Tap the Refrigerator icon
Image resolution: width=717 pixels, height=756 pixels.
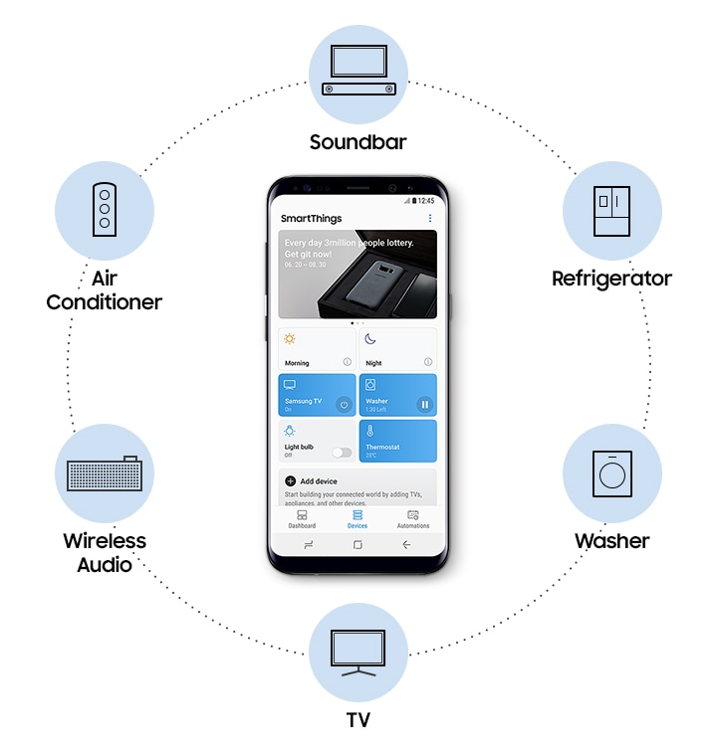611,211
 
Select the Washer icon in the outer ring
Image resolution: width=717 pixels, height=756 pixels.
611,473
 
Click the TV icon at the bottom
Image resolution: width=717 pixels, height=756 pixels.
358,652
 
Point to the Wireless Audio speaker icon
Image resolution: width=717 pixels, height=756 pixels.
104,473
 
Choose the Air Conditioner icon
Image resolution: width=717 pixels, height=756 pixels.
104,211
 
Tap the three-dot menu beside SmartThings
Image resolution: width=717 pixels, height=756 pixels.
430,218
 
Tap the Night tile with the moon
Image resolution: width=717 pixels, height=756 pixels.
397,349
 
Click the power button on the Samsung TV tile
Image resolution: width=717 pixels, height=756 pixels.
344,404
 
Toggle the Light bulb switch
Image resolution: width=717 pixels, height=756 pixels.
343,452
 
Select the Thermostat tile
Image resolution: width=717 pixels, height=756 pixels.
397,441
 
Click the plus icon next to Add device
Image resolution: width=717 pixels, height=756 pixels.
291,480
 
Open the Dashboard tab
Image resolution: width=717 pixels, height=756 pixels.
302,519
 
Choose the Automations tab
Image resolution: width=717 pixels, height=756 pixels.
413,519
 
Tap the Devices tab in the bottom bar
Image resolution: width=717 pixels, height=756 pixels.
357,519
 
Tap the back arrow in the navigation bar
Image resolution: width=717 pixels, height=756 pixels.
406,545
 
